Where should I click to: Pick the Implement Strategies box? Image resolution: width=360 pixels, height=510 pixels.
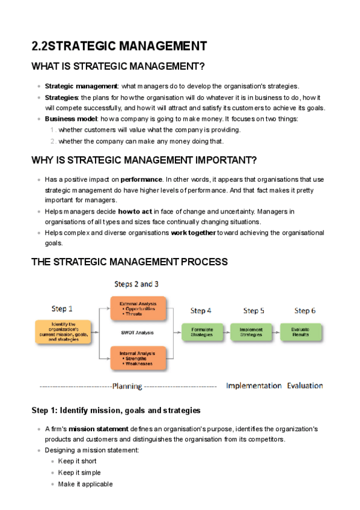point(251,332)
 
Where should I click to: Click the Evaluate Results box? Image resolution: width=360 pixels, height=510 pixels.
point(301,332)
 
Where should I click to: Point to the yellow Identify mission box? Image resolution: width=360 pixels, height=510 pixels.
point(63,331)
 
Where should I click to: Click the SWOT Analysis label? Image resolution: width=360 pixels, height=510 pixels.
point(136,333)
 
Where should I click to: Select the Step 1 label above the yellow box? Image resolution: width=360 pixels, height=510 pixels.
point(62,309)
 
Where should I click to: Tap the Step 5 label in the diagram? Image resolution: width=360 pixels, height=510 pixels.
point(254,311)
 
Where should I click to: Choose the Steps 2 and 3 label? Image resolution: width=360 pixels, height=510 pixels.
point(136,284)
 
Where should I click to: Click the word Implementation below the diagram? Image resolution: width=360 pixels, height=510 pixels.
point(254,386)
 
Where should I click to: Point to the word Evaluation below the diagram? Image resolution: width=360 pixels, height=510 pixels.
point(305,386)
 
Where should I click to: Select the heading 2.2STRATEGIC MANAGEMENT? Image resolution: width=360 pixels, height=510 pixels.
point(119,46)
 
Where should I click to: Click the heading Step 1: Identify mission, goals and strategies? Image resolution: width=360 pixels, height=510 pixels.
point(115,410)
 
